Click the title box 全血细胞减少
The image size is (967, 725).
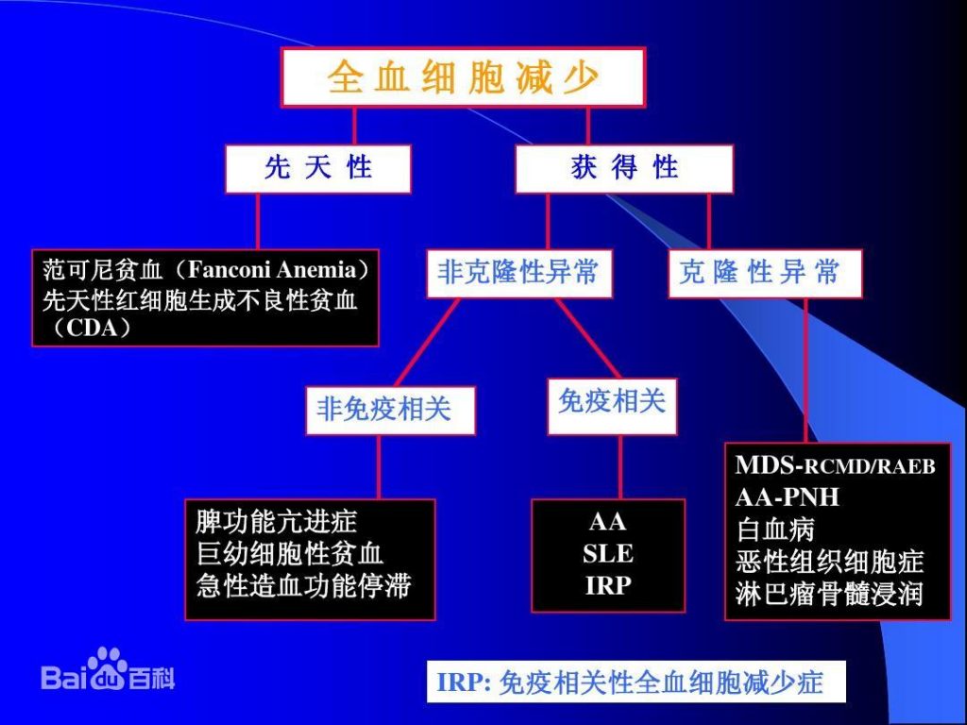pyautogui.click(x=463, y=77)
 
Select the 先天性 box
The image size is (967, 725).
pyautogui.click(x=317, y=169)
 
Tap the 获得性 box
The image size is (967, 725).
pyautogui.click(x=623, y=169)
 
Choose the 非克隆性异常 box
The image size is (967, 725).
pyautogui.click(x=517, y=273)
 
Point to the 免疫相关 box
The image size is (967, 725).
pyautogui.click(x=612, y=403)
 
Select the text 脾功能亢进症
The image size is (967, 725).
pyautogui.click(x=277, y=521)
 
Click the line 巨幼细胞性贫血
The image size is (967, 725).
pyautogui.click(x=289, y=553)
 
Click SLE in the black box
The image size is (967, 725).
pyautogui.click(x=607, y=553)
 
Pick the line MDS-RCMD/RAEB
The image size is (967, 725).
pyautogui.click(x=835, y=465)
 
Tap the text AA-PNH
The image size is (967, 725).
pyautogui.click(x=787, y=497)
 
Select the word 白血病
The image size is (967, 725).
pyautogui.click(x=774, y=529)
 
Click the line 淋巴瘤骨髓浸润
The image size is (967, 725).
pyautogui.click(x=829, y=595)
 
